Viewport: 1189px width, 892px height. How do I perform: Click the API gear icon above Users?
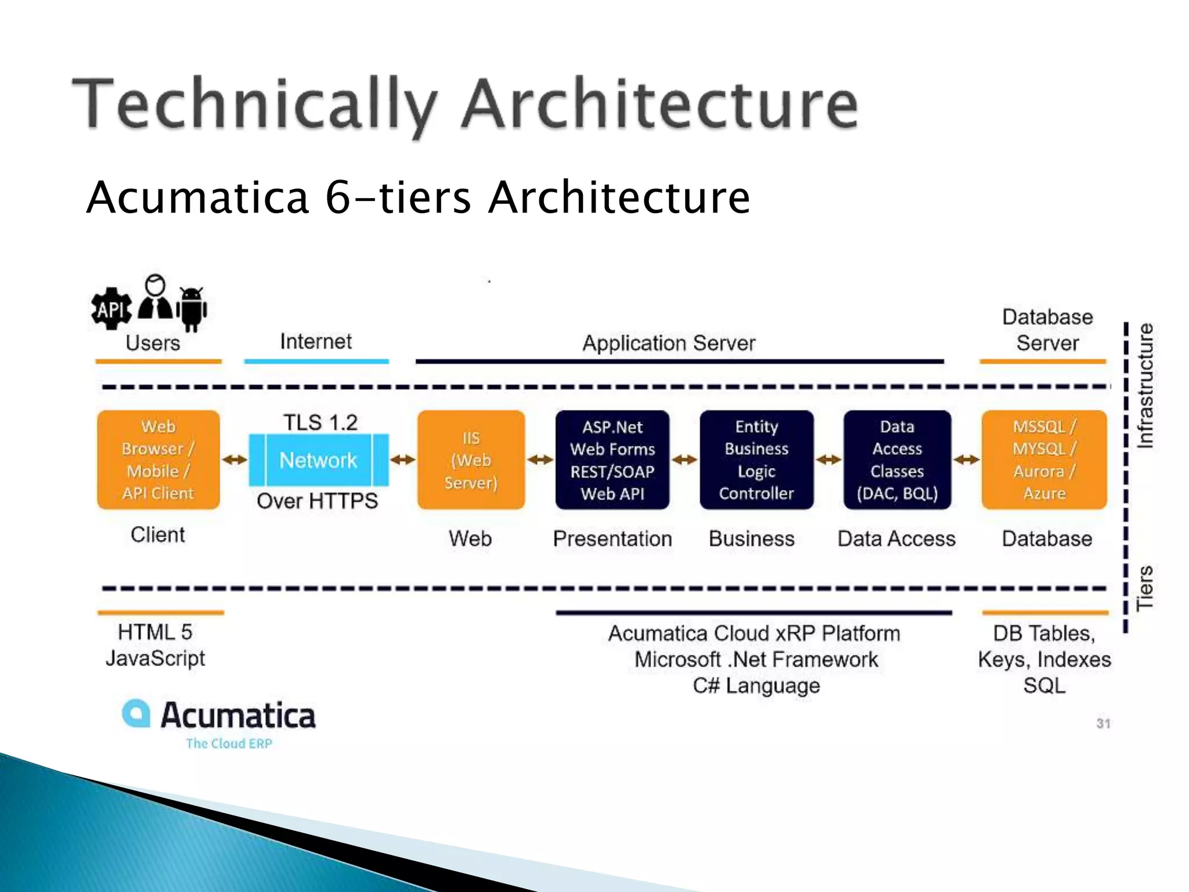111,308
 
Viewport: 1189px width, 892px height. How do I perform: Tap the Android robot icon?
192,308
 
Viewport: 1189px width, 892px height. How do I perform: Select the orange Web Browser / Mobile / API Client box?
158,460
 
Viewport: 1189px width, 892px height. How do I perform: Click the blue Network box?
318,460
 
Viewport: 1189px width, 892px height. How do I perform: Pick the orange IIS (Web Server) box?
471,460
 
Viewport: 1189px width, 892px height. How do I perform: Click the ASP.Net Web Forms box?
612,460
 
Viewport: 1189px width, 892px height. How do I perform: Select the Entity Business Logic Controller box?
756,460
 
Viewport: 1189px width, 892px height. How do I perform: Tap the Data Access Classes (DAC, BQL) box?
897,460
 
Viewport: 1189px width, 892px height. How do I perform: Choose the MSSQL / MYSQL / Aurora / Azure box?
1044,460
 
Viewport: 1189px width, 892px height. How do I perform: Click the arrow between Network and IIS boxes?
403,460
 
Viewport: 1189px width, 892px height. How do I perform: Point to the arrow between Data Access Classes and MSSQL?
967,460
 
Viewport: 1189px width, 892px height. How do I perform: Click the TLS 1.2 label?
320,422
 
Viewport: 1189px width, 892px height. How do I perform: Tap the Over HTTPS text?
318,501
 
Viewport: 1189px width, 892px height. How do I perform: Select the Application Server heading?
669,343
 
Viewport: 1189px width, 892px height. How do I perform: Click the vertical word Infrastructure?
1145,386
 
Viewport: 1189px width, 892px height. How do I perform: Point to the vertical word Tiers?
1145,588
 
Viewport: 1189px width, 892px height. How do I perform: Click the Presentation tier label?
612,538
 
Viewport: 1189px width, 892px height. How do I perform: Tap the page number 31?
1103,724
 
